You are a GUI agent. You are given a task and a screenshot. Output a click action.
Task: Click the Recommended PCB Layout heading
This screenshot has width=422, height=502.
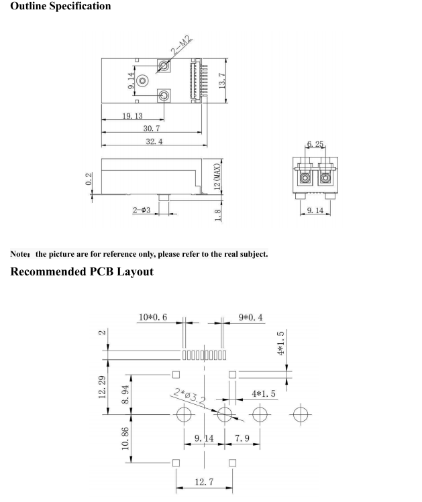click(x=81, y=271)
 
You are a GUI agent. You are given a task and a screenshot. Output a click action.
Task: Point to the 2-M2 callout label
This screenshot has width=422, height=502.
click(x=182, y=46)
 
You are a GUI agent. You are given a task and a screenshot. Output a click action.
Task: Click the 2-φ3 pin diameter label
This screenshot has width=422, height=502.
click(x=145, y=210)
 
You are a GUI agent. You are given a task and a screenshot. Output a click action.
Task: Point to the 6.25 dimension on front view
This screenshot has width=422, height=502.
click(x=315, y=144)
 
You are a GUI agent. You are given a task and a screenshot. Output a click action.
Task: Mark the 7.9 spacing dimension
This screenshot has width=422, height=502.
click(x=243, y=438)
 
